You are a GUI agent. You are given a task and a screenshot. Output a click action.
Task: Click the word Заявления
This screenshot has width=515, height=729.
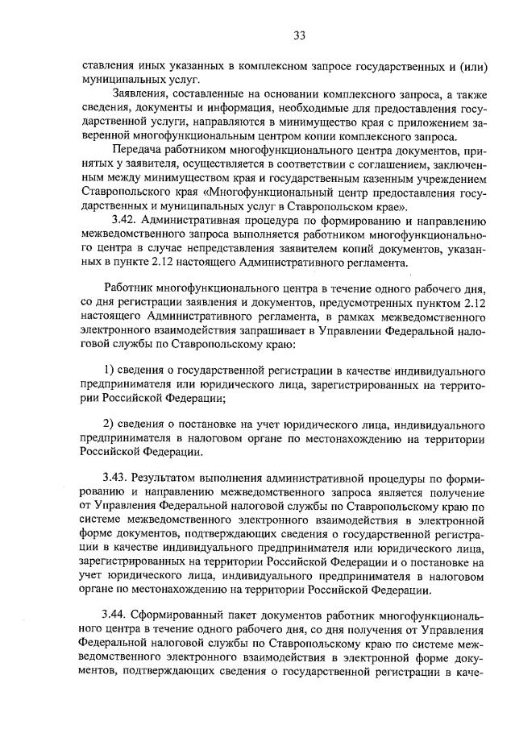coord(142,95)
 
